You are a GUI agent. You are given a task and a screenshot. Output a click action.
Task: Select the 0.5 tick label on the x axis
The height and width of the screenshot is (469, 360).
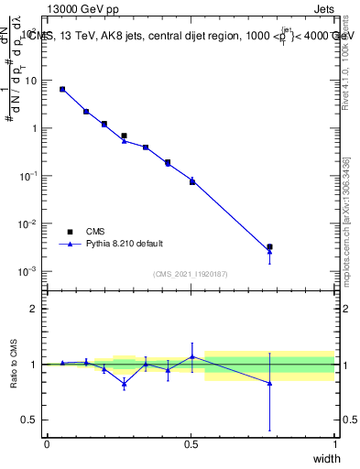click(x=191, y=443)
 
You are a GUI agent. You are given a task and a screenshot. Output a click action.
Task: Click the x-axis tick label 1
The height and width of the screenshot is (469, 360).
click(x=335, y=443)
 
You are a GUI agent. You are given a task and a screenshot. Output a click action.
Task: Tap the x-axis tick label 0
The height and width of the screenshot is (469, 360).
click(x=47, y=443)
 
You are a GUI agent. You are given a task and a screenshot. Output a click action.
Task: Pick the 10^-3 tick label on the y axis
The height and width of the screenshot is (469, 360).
click(x=27, y=272)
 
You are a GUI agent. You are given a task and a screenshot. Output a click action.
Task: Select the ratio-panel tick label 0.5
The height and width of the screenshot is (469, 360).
click(x=31, y=420)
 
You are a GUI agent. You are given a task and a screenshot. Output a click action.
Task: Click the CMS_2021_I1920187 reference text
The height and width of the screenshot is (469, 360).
click(x=191, y=274)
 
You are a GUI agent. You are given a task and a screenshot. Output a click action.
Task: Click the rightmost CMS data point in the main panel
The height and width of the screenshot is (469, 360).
click(x=269, y=246)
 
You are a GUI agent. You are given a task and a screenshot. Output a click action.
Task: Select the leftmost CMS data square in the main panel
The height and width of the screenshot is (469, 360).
click(x=62, y=89)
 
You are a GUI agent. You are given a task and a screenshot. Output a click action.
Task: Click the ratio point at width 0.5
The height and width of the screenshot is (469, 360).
click(x=192, y=356)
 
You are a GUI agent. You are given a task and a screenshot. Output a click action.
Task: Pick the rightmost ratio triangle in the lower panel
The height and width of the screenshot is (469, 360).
click(x=269, y=383)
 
